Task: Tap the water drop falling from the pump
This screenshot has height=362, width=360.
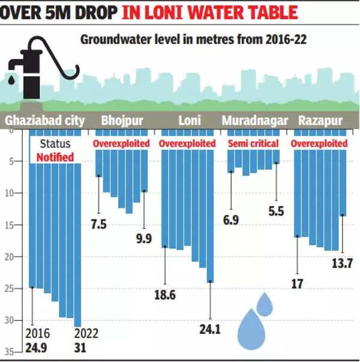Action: point(13,79)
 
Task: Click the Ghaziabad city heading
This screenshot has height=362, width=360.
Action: point(45,120)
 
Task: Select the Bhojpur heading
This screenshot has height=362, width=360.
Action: point(122,120)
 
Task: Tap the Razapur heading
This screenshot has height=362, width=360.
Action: point(318,120)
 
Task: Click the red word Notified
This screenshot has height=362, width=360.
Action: point(55,157)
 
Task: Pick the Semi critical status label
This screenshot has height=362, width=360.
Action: point(253,144)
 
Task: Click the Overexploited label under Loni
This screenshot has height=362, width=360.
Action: point(187,144)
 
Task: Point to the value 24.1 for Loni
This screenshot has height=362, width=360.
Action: point(210,329)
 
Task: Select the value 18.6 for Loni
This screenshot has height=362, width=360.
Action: point(166,295)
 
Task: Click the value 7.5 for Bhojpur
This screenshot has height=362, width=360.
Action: point(98,224)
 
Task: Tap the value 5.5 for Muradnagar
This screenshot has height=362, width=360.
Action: point(276,211)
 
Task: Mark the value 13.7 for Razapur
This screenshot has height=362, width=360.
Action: point(342,264)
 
